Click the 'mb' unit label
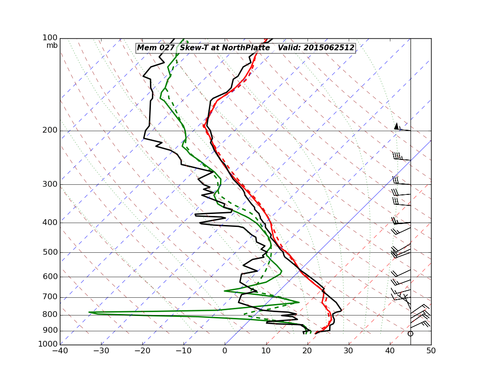point(52,45)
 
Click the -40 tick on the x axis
point(60,351)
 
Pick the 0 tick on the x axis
point(225,351)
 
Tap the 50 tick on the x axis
point(431,351)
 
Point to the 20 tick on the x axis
point(308,351)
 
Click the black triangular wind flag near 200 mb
point(396,126)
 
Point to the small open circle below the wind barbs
point(411,333)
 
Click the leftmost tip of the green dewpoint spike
point(89,312)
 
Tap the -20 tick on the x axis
point(142,351)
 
